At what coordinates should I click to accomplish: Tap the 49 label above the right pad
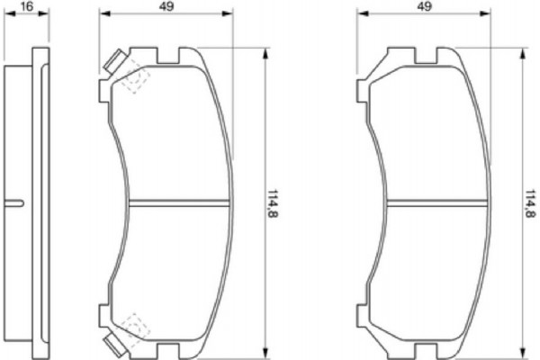pyautogui.click(x=426, y=5)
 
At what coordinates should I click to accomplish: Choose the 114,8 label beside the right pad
pyautogui.click(x=530, y=202)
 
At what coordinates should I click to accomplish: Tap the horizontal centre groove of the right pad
pyautogui.click(x=437, y=201)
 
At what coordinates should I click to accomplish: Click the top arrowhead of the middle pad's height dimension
pyautogui.click(x=265, y=52)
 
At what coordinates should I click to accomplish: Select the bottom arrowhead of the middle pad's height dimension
pyautogui.click(x=265, y=352)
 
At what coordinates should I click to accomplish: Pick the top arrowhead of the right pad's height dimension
pyautogui.click(x=523, y=52)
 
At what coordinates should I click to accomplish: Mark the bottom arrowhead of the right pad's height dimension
pyautogui.click(x=523, y=352)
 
